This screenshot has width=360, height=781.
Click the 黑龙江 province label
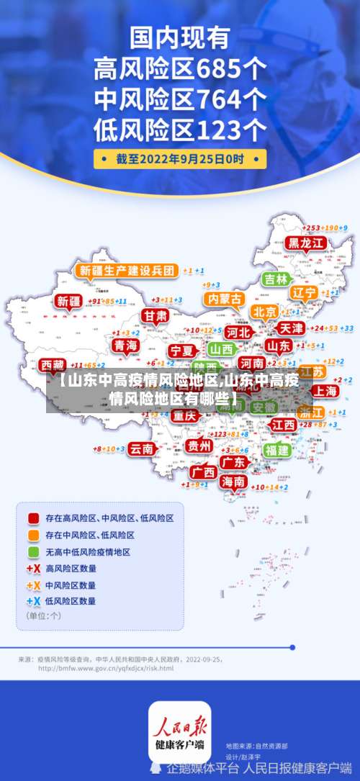coord(306,243)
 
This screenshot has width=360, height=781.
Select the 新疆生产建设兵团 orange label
coord(127,271)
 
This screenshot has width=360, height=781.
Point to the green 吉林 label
coord(275,279)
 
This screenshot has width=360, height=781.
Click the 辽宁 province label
coord(305,293)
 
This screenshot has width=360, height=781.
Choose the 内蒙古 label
coord(223,298)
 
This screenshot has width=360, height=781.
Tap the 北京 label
coord(264,312)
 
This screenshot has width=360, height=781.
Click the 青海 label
coord(125,346)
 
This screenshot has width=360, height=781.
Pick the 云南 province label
coord(142,448)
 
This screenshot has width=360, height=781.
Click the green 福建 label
coord(276,450)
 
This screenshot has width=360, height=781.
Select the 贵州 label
coord(199,446)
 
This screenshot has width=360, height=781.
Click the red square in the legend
coord(33,518)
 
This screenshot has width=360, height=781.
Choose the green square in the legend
coord(33,552)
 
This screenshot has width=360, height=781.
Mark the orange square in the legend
coord(33,535)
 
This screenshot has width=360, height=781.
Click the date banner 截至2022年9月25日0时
coord(180,158)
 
